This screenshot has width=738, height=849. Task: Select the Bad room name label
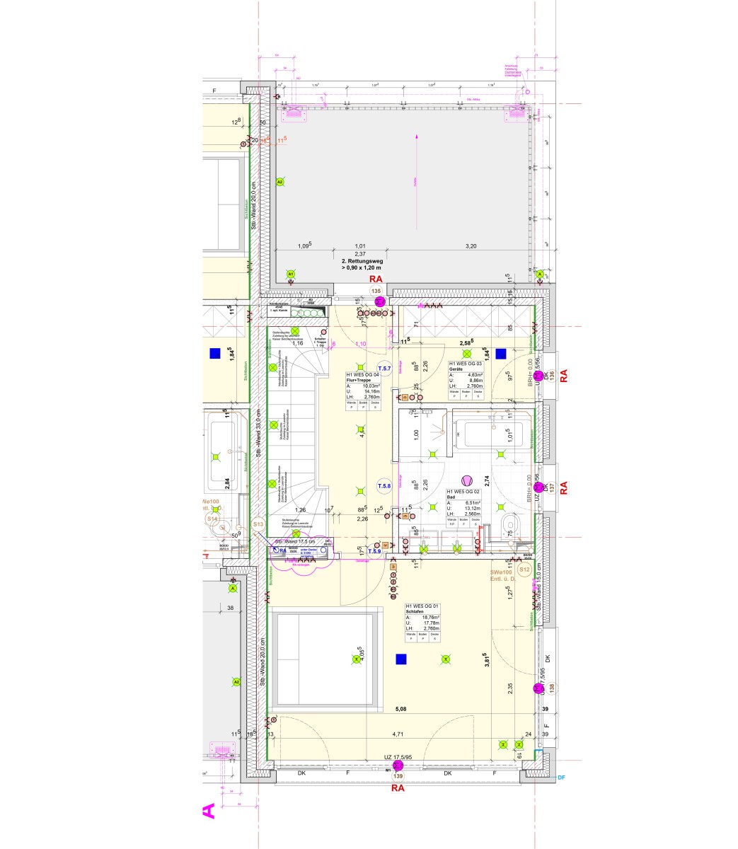450,497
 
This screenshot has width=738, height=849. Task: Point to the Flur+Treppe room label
359,380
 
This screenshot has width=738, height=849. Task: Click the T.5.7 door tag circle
384,369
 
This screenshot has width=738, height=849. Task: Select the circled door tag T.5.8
384,486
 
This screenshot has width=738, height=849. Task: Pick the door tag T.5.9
374,551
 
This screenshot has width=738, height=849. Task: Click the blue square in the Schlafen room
401,659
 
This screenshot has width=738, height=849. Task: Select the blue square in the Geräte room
501,354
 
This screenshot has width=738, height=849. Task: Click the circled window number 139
397,776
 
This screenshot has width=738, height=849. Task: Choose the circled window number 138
552,686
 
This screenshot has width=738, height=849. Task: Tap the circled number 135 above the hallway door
376,291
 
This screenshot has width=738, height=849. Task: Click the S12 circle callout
524,570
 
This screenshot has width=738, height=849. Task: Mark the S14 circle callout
212,519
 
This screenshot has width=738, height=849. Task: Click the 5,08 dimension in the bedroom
400,708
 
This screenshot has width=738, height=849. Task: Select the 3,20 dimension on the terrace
471,246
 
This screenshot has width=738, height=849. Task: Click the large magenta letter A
209,811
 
